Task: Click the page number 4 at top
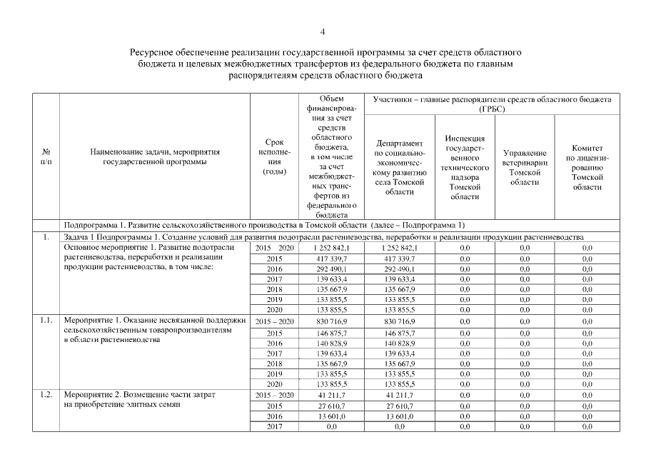(x=323, y=31)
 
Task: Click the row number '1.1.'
(x=46, y=322)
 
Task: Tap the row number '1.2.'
(x=46, y=395)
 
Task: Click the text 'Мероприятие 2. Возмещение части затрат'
(x=140, y=395)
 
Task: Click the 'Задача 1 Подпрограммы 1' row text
(x=323, y=236)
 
